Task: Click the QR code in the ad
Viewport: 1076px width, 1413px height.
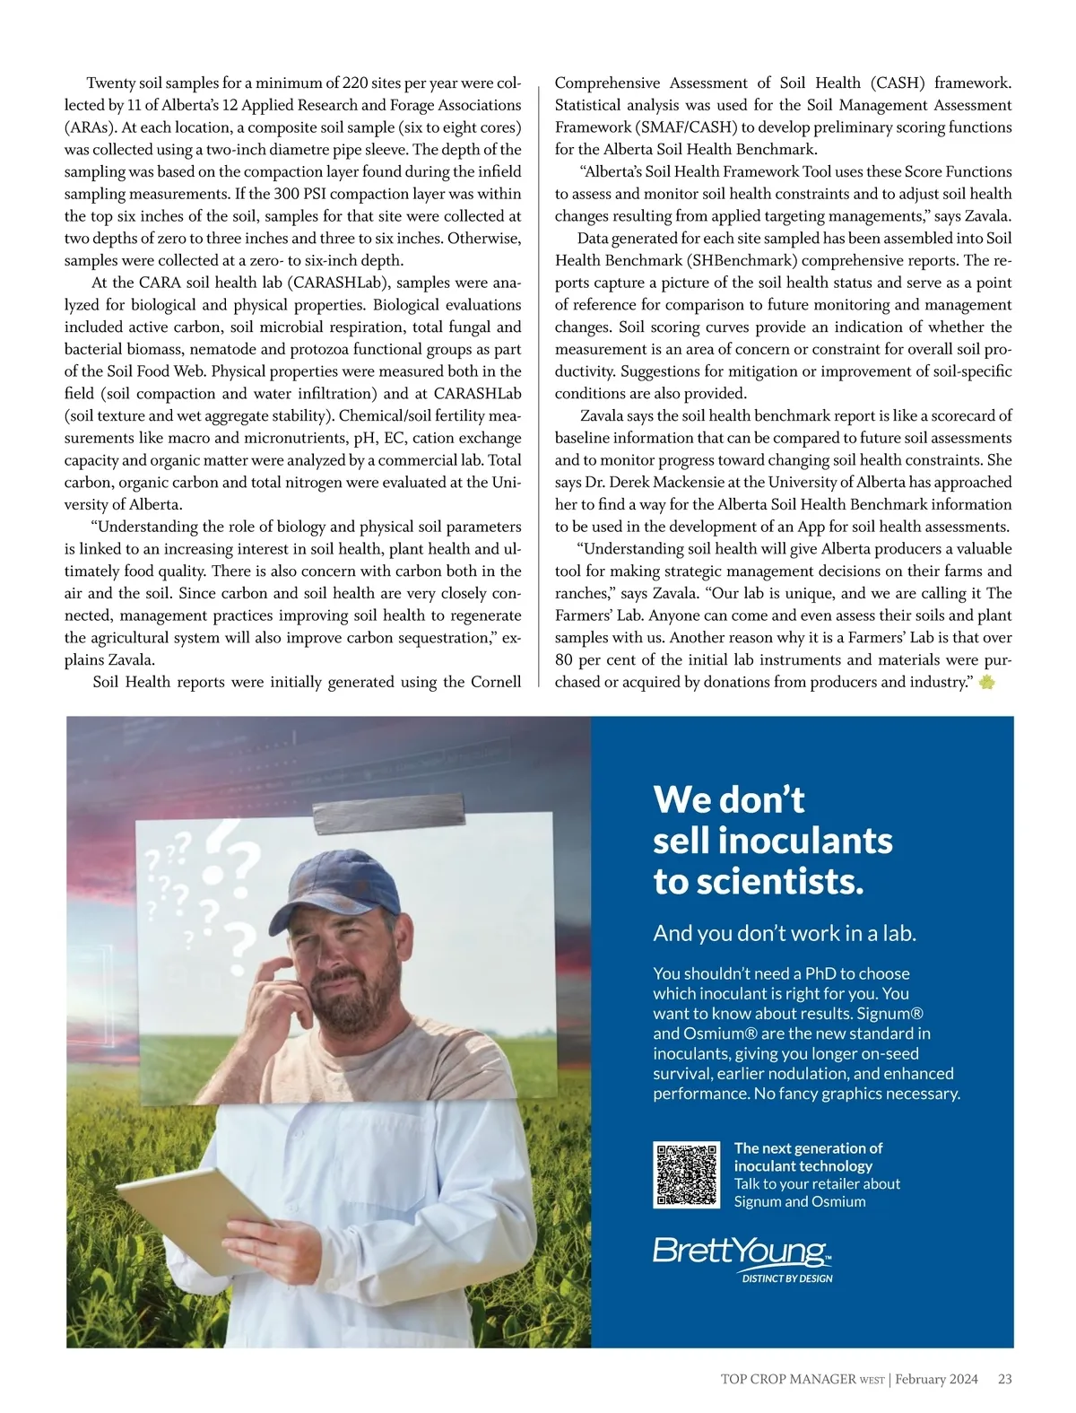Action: point(686,1174)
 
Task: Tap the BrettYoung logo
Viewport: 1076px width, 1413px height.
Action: point(742,1251)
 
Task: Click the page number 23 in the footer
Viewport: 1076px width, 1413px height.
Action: point(1004,1379)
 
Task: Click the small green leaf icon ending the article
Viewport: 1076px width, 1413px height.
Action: point(987,683)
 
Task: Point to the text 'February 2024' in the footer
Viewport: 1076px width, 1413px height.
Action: point(936,1379)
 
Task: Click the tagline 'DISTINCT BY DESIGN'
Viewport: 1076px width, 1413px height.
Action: point(786,1278)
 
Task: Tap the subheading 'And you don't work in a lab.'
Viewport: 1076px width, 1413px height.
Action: point(785,933)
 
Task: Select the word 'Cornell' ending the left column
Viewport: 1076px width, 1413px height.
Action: point(495,682)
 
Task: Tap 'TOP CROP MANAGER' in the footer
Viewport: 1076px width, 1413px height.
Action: point(788,1379)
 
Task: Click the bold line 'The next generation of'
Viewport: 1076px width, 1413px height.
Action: point(808,1148)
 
